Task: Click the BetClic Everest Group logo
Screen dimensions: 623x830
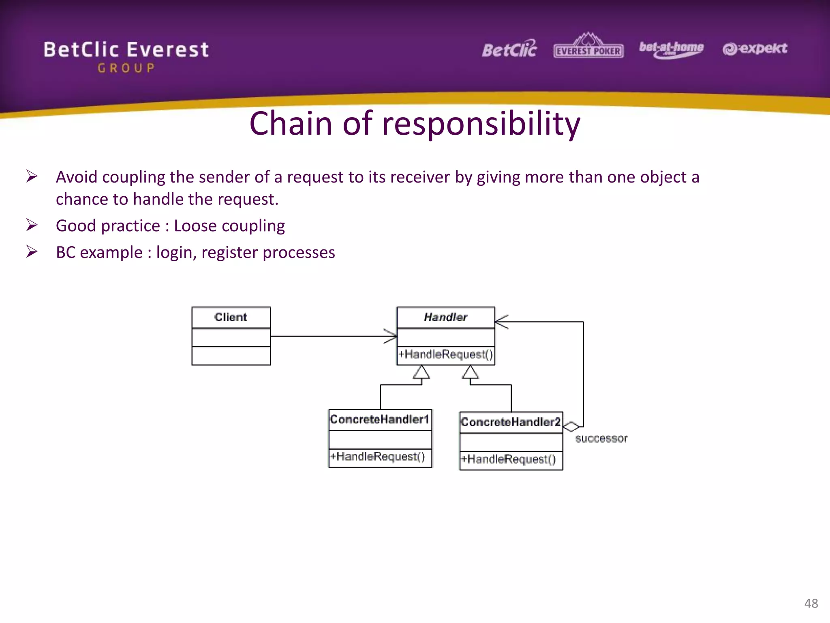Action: (x=126, y=56)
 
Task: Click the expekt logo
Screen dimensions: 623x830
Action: (x=755, y=49)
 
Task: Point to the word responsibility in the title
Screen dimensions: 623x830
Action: (x=481, y=124)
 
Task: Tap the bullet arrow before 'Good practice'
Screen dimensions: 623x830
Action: (x=32, y=225)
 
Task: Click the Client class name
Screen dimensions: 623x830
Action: (x=231, y=317)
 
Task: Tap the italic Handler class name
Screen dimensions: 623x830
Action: (x=445, y=317)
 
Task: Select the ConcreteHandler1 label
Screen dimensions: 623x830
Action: (x=379, y=419)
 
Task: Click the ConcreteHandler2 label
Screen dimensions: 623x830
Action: (x=511, y=422)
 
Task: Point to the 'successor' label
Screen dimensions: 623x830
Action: (x=601, y=438)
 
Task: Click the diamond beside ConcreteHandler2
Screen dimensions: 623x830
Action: (x=571, y=427)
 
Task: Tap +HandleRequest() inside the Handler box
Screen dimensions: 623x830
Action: (x=445, y=354)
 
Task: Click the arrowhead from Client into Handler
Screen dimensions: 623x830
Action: (x=391, y=336)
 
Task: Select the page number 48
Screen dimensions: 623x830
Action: (x=811, y=603)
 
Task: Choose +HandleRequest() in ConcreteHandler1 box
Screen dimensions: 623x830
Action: (x=377, y=457)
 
